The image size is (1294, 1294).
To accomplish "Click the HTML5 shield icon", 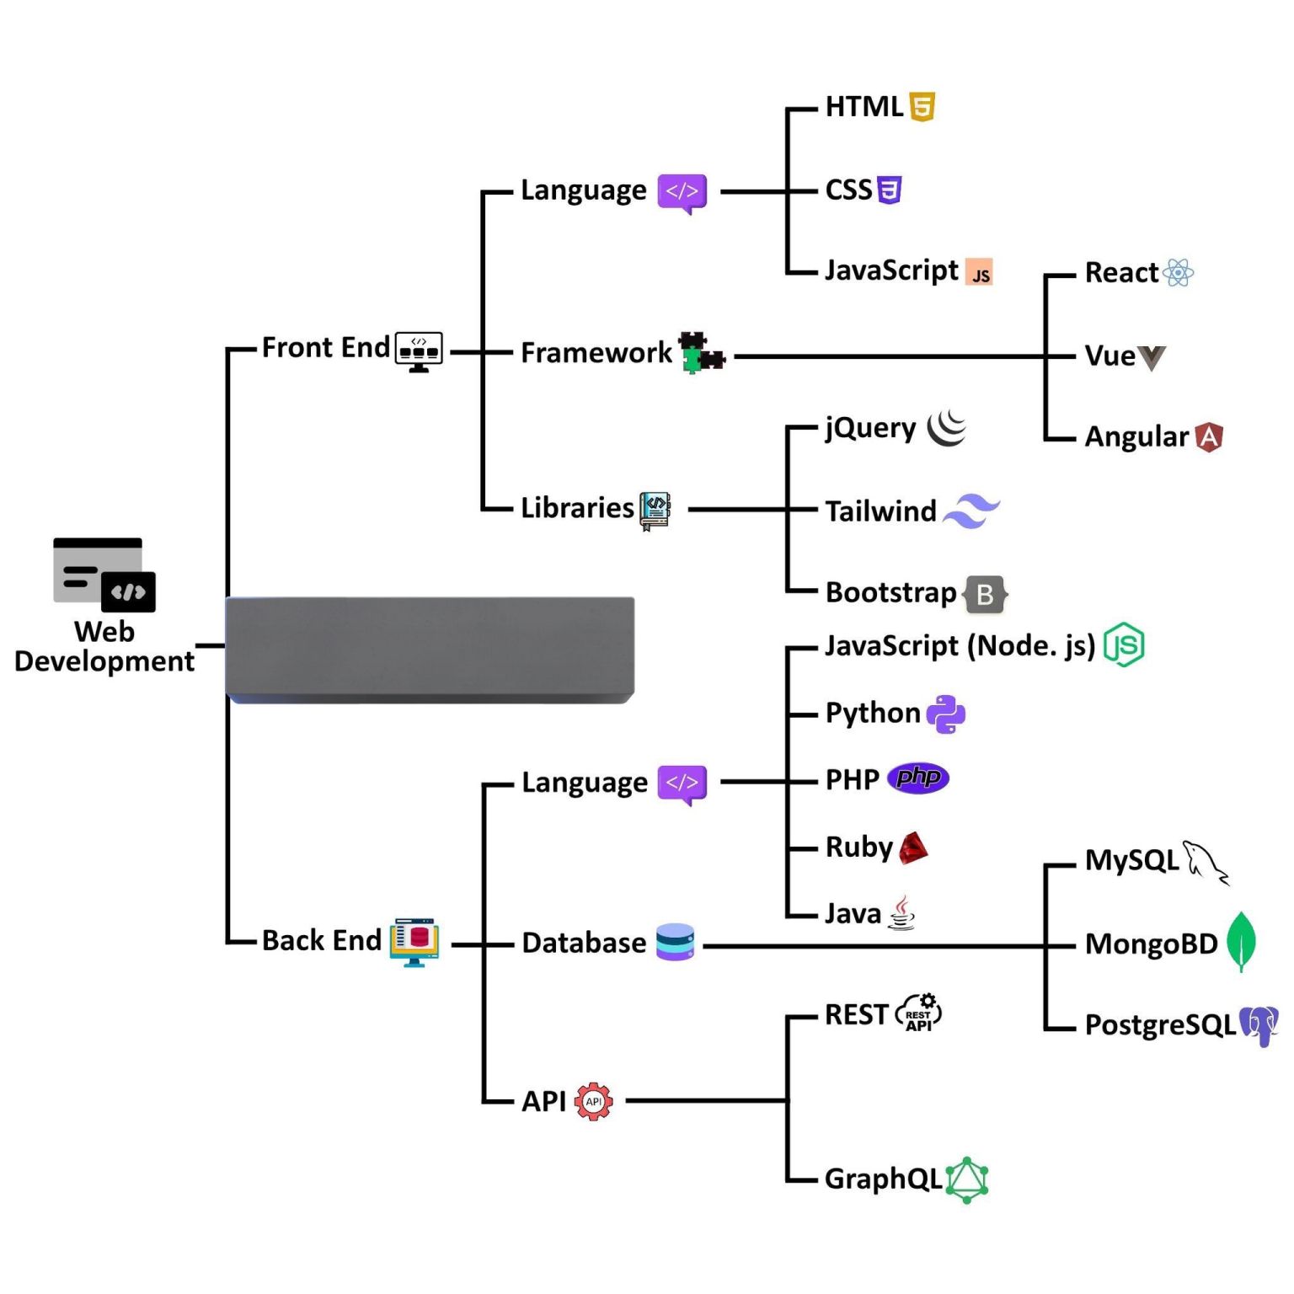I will [922, 107].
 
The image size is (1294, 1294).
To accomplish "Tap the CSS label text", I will [848, 190].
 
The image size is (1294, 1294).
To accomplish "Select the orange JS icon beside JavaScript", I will [979, 272].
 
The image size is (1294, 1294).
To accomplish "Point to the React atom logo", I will [1178, 272].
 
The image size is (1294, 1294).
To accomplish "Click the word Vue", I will [1110, 356].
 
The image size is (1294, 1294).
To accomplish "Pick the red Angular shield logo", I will [1209, 437].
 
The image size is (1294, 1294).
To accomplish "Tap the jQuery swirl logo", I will [947, 428].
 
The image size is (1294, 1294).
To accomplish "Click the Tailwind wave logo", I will [971, 511].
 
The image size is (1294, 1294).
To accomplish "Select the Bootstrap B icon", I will [985, 594].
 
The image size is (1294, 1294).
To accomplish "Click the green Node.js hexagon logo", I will [1124, 645].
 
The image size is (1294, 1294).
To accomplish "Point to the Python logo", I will [945, 714].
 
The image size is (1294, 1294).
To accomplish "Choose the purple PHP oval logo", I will [918, 778].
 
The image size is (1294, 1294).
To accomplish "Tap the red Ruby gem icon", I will [913, 848].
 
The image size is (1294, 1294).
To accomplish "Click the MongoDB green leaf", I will [1241, 941].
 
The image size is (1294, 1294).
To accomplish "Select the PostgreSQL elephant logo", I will [1259, 1025].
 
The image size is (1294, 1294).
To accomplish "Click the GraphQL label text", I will [883, 1179].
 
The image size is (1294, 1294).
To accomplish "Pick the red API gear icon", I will [594, 1101].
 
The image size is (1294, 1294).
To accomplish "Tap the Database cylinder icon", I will [675, 942].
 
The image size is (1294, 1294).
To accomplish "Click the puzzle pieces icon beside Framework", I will [701, 353].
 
